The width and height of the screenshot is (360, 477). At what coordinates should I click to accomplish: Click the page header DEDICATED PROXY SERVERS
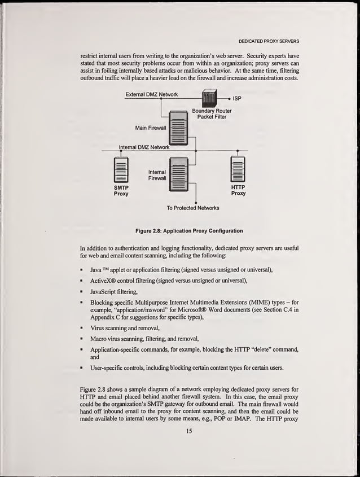click(268, 41)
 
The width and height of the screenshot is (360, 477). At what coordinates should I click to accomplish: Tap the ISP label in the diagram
click(237, 98)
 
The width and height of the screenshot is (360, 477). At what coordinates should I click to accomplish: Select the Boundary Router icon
click(209, 98)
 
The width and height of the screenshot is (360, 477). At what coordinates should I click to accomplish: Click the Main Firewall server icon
click(178, 128)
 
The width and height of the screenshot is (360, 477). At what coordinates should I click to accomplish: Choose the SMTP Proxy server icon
click(121, 170)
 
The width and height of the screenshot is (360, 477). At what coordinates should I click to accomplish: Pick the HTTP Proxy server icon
click(238, 170)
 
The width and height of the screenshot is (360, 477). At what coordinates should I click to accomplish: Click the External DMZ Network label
click(152, 94)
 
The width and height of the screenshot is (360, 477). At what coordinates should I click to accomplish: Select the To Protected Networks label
click(193, 208)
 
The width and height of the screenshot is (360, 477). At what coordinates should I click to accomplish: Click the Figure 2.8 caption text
click(189, 231)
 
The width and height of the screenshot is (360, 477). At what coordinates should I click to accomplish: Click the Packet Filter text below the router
click(212, 117)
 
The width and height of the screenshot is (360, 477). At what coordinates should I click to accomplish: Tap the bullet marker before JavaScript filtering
click(82, 292)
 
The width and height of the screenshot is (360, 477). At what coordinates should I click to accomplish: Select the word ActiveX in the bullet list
click(103, 281)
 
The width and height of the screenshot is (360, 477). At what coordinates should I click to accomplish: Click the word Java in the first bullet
click(96, 270)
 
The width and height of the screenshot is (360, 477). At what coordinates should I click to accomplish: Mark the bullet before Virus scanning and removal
click(82, 328)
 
